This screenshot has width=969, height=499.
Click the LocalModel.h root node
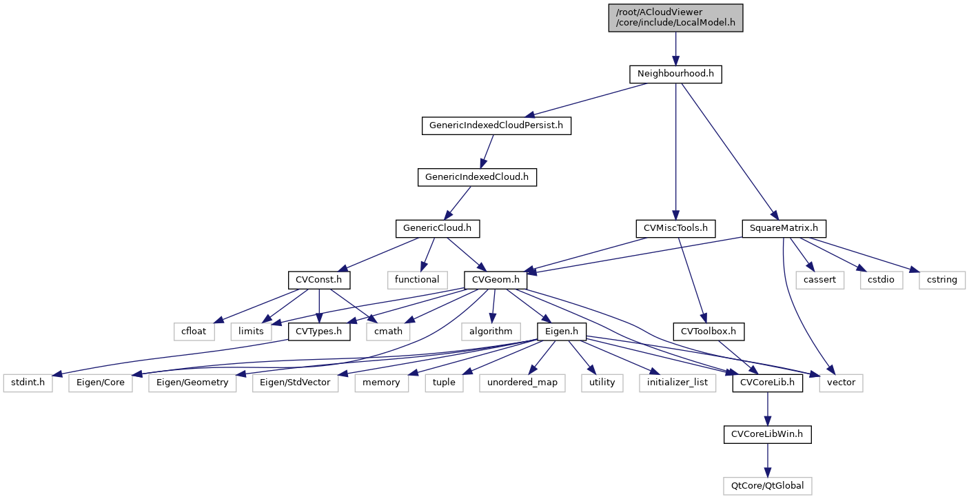[675, 17]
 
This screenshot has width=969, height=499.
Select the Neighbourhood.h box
[675, 74]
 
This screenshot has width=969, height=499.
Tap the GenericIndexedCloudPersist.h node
[496, 125]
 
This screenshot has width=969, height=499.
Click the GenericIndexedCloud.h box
[477, 177]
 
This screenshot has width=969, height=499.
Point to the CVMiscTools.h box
[675, 228]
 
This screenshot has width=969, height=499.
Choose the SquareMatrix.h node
[784, 228]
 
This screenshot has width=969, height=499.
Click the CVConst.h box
[319, 280]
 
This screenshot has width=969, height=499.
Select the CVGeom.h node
[496, 280]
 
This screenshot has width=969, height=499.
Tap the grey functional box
[417, 280]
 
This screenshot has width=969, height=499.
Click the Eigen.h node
[562, 332]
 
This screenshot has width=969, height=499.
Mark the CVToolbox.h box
[708, 332]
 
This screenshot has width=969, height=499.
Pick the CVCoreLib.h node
[767, 383]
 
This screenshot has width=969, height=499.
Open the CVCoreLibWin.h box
[767, 434]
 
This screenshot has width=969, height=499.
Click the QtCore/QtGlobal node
[767, 486]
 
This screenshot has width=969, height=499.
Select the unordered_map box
[522, 383]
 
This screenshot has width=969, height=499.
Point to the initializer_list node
[677, 383]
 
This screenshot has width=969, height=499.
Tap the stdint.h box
[28, 383]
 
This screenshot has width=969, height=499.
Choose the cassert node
[819, 280]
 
